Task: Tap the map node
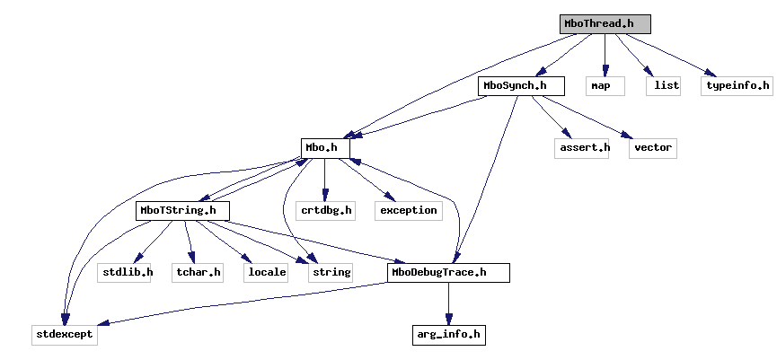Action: click(x=600, y=86)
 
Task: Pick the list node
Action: click(x=663, y=86)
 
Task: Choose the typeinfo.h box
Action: click(x=737, y=86)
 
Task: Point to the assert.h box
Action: click(x=582, y=148)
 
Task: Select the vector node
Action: click(x=652, y=148)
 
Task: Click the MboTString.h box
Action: click(x=182, y=210)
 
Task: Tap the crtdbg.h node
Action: click(x=325, y=210)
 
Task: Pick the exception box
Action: click(x=409, y=210)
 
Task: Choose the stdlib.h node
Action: click(x=125, y=272)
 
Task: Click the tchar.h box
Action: click(x=198, y=272)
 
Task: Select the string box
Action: click(x=330, y=272)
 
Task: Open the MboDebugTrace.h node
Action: click(x=449, y=272)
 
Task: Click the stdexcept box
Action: click(x=64, y=335)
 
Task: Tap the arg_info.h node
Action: click(x=448, y=335)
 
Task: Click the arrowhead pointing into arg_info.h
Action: click(x=448, y=320)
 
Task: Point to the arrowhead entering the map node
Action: click(x=605, y=71)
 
